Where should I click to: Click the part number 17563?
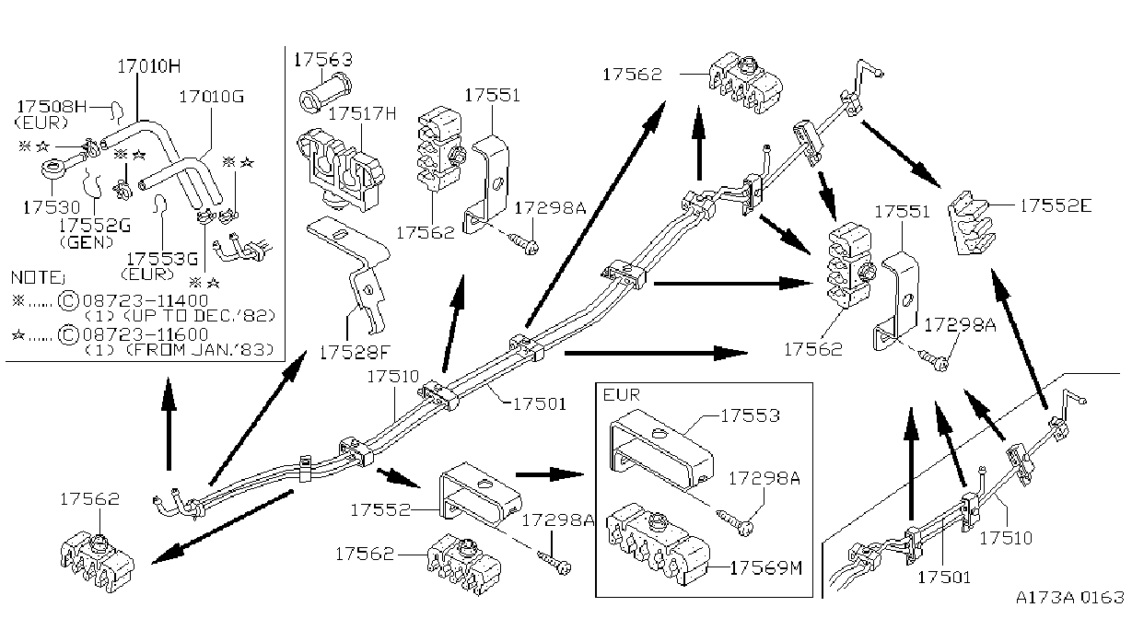pos(323,60)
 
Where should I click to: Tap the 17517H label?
pos(362,113)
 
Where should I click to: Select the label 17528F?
pos(356,352)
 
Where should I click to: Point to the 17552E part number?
pos(1056,205)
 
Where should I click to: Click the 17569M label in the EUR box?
pos(766,568)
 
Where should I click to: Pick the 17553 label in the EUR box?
pos(750,415)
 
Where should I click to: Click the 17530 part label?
pos(52,207)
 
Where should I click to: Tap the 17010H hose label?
pos(148,66)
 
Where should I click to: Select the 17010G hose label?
pos(212,96)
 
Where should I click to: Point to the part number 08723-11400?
pos(146,300)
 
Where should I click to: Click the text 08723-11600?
pos(146,334)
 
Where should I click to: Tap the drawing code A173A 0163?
pos(1070,597)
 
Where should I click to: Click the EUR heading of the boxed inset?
pos(622,394)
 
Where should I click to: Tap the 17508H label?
pos(53,106)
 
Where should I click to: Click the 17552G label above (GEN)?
pos(95,226)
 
